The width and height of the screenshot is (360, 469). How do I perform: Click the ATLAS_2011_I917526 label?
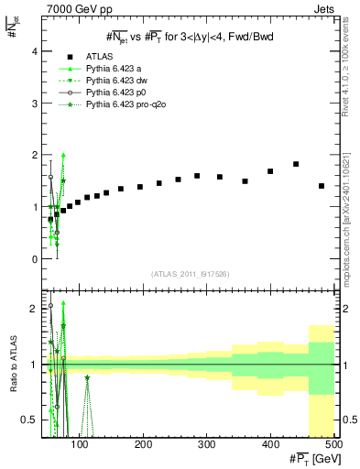190,273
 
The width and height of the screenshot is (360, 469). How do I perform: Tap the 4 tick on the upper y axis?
34,51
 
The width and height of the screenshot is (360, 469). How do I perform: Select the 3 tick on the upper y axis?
34,104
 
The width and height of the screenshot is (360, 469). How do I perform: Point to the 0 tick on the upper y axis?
34,259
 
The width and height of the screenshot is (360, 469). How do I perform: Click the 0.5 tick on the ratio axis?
29,420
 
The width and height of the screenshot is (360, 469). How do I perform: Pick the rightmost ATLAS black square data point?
322,186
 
